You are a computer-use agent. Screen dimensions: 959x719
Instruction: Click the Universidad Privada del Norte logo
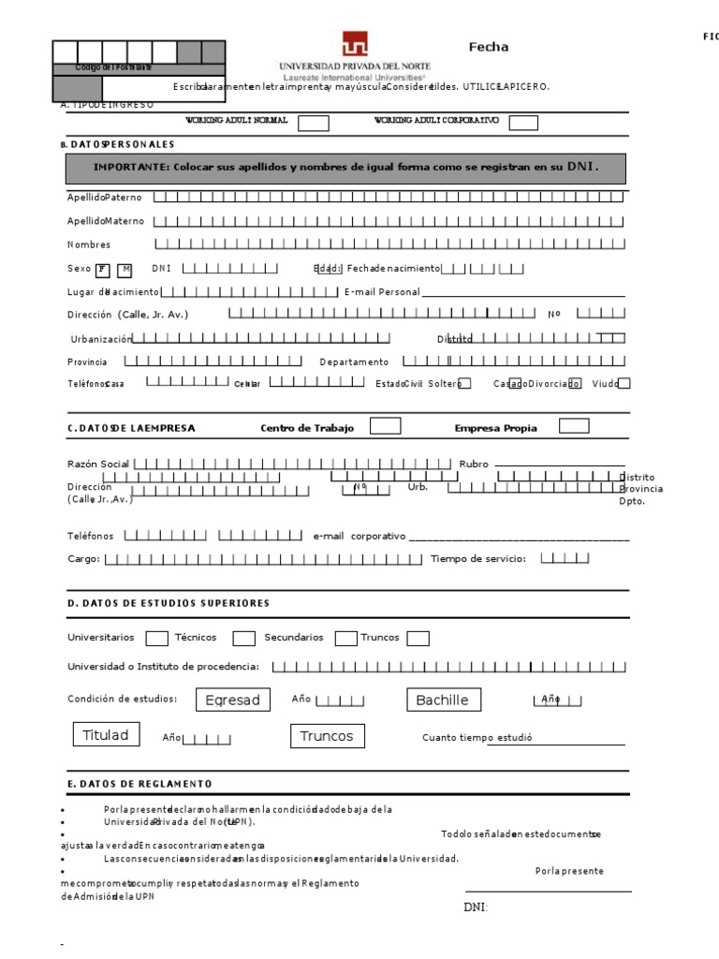coord(355,44)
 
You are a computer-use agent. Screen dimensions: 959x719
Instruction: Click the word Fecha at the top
coord(489,48)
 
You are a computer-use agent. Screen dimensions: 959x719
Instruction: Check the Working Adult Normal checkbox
coord(313,123)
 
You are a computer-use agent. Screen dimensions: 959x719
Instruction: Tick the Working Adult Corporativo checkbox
coord(523,123)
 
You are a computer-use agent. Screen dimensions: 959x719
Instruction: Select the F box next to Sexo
coord(102,270)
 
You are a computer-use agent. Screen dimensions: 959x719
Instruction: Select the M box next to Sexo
coord(125,270)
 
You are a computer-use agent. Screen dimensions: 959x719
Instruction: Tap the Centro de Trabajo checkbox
coord(386,427)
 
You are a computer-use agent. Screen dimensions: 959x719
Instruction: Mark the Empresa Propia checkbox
coord(574,427)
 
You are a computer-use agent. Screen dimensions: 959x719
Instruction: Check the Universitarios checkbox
coord(157,639)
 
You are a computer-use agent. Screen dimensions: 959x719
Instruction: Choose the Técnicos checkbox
coord(243,639)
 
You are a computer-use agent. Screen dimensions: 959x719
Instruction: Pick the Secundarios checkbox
coord(346,639)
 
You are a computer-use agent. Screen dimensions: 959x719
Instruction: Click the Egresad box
coord(232,701)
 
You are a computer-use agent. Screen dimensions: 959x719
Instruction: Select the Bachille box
coord(443,701)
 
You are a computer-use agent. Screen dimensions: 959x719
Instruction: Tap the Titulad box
coord(106,735)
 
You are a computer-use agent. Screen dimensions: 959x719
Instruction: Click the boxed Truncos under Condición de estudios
coord(327,736)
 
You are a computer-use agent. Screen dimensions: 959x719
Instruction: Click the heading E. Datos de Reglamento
coord(139,783)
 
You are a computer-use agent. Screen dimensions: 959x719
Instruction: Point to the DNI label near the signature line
coord(476,907)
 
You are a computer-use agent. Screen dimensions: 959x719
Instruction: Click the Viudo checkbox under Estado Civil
coord(624,383)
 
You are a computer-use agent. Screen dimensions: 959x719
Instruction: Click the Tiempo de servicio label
coord(477,559)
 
